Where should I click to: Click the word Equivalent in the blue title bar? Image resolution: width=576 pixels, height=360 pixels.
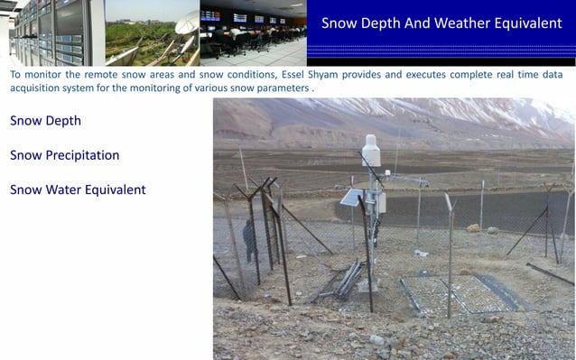coord(523,23)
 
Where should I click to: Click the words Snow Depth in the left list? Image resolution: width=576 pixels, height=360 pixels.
coord(45,120)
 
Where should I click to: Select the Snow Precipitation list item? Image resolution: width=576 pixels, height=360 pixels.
coord(64,155)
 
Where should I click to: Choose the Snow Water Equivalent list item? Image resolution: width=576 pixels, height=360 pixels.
coord(78,189)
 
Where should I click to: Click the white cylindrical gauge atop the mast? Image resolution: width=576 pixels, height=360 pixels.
coord(370,151)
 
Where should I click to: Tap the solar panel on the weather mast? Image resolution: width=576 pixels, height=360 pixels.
coord(351,198)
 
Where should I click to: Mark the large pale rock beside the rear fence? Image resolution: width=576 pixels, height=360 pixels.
coord(473,227)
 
